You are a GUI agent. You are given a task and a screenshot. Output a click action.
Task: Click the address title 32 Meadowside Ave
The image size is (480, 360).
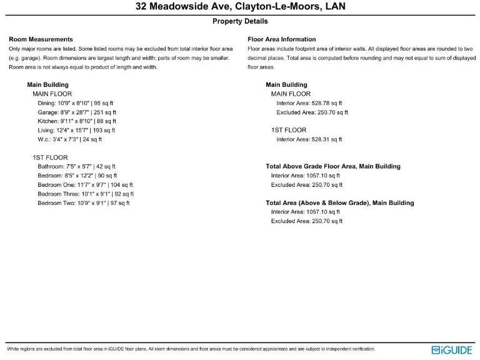[240, 7]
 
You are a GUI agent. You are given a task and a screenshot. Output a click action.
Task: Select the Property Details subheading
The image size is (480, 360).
[240, 21]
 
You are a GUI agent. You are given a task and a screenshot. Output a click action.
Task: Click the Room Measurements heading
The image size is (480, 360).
[41, 39]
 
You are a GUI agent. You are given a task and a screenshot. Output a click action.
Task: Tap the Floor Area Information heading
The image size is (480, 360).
[282, 39]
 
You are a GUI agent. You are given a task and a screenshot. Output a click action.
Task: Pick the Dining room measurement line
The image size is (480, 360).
[76, 103]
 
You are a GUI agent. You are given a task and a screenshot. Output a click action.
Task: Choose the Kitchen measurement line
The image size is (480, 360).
[77, 121]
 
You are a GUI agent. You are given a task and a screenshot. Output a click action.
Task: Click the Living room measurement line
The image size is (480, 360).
[76, 130]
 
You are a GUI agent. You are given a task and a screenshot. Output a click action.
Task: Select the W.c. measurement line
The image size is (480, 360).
[69, 139]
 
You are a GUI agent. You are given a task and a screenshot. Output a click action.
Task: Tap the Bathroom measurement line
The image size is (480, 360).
[77, 167]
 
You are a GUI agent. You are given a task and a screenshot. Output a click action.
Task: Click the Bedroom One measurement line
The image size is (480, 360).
[85, 185]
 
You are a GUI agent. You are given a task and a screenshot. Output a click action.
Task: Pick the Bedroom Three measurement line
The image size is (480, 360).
[86, 194]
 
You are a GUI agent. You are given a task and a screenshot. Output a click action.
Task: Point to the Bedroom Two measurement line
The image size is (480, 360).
[84, 203]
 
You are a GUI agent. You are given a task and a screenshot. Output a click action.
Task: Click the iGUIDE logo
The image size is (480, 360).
[451, 350]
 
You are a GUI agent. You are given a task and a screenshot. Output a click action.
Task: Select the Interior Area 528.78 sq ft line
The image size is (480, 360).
[309, 103]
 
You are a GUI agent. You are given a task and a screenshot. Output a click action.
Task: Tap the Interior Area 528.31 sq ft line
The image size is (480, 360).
[309, 139]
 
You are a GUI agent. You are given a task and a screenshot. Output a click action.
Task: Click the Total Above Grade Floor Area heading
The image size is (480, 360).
[333, 167]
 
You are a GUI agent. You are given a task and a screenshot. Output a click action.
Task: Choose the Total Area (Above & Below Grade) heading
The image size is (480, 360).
[339, 203]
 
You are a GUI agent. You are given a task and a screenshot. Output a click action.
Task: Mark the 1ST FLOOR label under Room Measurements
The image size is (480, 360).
[50, 157]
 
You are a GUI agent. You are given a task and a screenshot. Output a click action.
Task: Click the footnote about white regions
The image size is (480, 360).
[191, 349]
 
